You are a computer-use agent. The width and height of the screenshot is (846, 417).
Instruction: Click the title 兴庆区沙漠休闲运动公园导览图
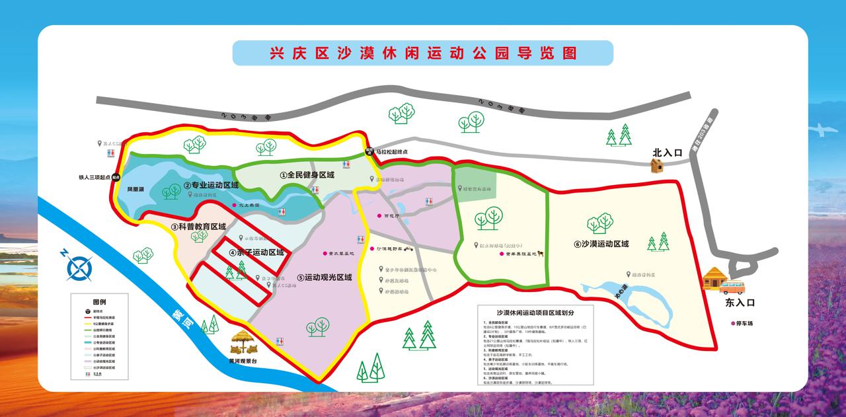click(423, 53)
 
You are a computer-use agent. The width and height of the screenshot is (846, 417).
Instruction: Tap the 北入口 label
click(667, 153)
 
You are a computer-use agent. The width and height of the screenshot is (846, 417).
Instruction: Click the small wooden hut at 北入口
click(656, 165)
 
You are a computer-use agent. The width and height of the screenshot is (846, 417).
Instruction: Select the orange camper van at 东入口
click(732, 287)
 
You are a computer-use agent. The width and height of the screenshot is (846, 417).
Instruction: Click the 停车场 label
click(743, 323)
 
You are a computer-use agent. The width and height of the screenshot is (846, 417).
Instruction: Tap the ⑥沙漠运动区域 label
click(601, 244)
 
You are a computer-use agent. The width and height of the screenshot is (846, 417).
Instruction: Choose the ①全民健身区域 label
click(307, 175)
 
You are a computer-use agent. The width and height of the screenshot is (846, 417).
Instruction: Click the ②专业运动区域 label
click(211, 185)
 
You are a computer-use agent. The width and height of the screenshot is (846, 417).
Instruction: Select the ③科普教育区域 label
click(198, 226)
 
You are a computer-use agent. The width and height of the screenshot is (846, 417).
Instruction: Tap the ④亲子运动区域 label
click(256, 252)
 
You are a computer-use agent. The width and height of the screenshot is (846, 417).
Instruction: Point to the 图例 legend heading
click(99, 301)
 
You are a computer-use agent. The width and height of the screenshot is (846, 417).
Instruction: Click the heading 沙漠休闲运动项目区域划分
click(535, 313)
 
